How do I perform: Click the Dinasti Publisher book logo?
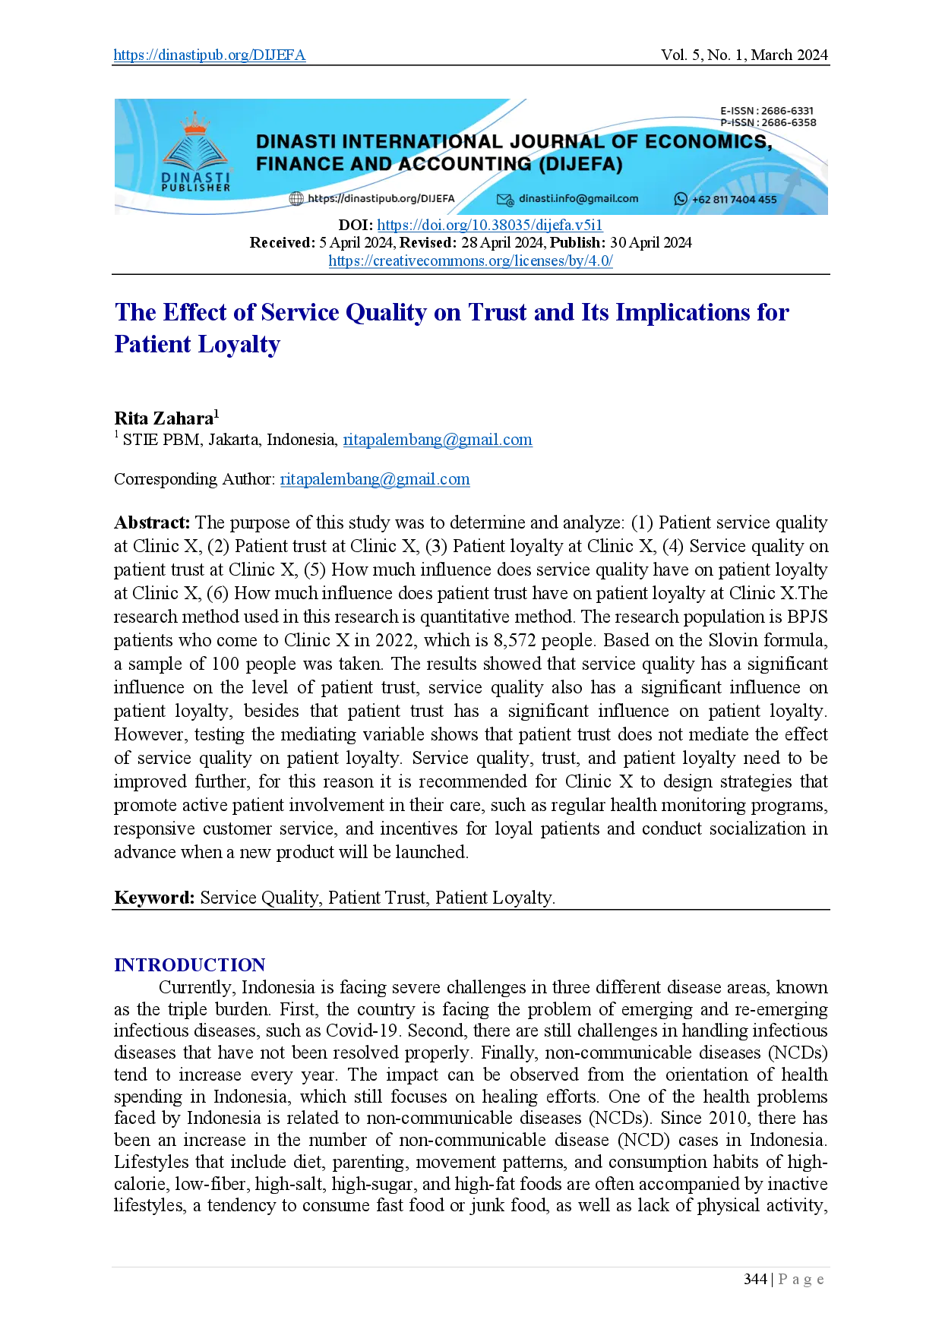195,151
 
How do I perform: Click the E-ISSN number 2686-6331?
787,111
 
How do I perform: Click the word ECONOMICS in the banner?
707,142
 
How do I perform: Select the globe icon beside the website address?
296,199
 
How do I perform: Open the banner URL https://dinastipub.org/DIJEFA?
381,199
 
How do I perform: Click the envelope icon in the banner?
505,199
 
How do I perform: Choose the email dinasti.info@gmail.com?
578,199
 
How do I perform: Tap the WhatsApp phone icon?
681,199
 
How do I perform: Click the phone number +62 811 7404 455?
734,200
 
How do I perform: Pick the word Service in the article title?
300,311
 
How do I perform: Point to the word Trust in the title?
498,311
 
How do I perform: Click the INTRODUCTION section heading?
188,964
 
